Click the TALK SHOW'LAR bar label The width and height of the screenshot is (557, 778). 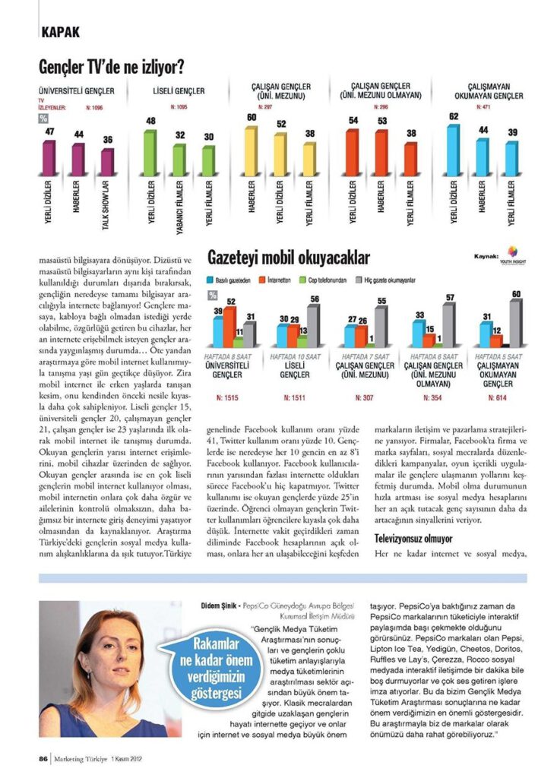point(106,205)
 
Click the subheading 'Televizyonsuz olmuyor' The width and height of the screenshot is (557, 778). point(412,539)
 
